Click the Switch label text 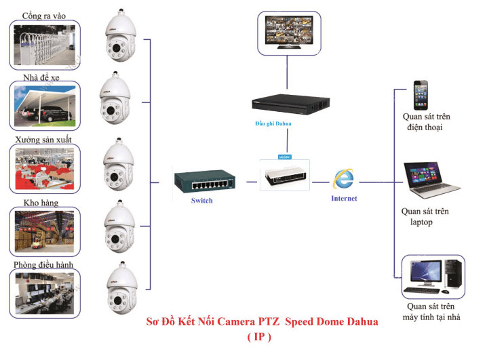pyautogui.click(x=202, y=201)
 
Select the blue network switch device pyautogui.click(x=203, y=182)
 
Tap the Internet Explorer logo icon pyautogui.click(x=343, y=179)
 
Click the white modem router pyautogui.click(x=285, y=175)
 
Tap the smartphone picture pyautogui.click(x=421, y=95)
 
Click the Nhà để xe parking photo pyautogui.click(x=45, y=106)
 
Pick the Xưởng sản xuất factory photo pyautogui.click(x=45, y=168)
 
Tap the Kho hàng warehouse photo pyautogui.click(x=45, y=231)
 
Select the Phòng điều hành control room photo pyautogui.click(x=45, y=292)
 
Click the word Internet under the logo pyautogui.click(x=344, y=199)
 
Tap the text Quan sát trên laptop pyautogui.click(x=425, y=216)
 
